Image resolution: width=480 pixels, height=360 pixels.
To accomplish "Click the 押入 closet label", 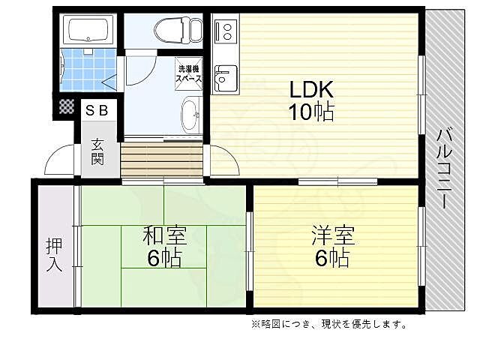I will click(x=54, y=255).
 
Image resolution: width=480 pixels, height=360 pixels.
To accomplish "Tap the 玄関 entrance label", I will click(x=98, y=151).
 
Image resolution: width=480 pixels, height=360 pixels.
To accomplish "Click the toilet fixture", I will click(x=178, y=30).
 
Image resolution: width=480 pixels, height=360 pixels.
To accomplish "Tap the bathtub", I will click(x=88, y=31).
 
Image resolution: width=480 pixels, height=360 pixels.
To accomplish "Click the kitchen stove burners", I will click(x=223, y=31).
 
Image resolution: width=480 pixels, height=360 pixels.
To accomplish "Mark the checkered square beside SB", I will click(x=67, y=108).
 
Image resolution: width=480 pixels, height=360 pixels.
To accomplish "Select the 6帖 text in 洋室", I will click(x=330, y=259).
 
